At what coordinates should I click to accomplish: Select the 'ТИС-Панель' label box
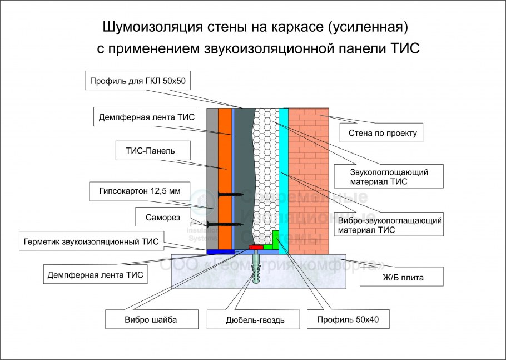[x=146, y=150]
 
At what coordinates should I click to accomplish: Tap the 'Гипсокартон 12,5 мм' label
[x=136, y=191]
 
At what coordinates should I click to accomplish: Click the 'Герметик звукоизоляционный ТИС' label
[x=91, y=241]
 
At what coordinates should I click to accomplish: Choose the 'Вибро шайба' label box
[x=145, y=319]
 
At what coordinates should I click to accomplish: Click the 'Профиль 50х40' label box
[x=345, y=319]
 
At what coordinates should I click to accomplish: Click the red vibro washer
[x=256, y=247]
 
